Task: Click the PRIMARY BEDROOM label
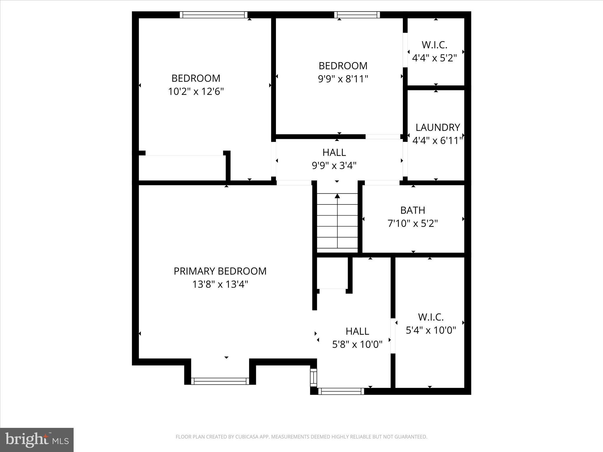[220, 271]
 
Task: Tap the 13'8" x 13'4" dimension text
[220, 285]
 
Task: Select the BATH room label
[413, 210]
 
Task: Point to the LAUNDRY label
[438, 127]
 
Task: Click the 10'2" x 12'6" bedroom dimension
[196, 92]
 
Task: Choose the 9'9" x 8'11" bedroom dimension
[343, 79]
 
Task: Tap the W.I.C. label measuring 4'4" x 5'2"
[434, 45]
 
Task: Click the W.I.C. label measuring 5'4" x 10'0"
[431, 317]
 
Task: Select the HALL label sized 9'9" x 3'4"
[334, 152]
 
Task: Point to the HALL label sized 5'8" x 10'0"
[357, 331]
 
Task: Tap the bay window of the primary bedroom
[220, 381]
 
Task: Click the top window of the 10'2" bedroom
[213, 15]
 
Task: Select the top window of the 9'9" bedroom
[357, 15]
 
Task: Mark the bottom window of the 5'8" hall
[341, 391]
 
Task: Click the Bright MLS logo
[37, 440]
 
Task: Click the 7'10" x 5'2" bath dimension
[413, 224]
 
